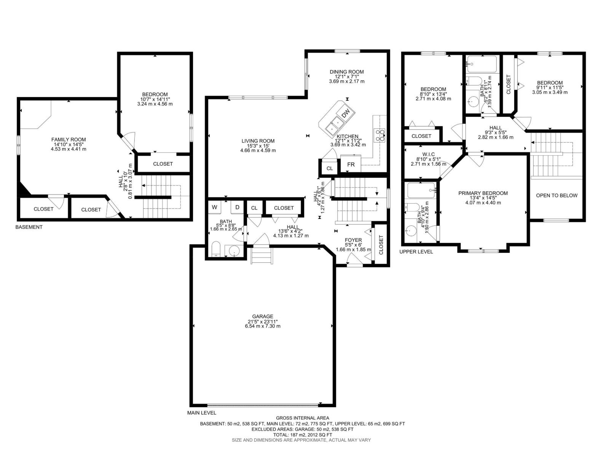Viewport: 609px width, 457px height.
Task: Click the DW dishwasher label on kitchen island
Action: pos(346,113)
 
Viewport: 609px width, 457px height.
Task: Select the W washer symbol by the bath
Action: pos(215,207)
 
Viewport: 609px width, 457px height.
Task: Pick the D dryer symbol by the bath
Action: pos(237,207)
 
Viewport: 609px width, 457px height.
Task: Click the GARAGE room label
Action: pos(263,316)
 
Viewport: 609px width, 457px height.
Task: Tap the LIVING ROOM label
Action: pos(258,141)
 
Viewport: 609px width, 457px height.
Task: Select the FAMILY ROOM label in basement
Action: pos(69,140)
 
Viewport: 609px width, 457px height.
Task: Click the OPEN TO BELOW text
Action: pos(556,195)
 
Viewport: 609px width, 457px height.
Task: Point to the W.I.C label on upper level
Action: pos(428,154)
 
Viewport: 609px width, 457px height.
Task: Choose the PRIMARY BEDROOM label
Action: pos(483,193)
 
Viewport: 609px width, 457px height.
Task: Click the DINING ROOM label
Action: pos(346,72)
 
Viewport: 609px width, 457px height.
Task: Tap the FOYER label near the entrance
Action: pos(353,240)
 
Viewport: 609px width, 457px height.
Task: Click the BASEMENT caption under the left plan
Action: pos(29,227)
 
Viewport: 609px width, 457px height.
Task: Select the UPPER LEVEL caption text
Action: pos(416,252)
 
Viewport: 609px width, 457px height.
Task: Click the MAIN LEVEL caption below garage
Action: pos(201,413)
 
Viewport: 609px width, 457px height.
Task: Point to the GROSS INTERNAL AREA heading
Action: pos(302,418)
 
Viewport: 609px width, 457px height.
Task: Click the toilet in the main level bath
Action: pos(216,250)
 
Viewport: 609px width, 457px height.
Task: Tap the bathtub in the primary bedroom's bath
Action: pos(421,188)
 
